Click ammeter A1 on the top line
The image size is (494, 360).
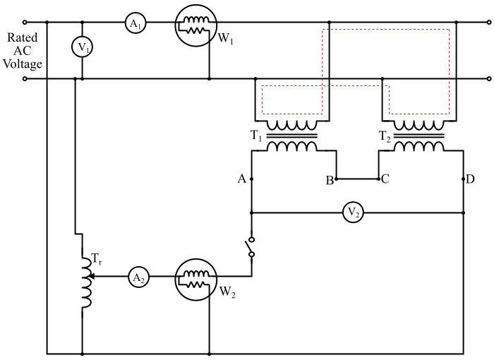pyautogui.click(x=134, y=23)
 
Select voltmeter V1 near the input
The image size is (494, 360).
pyautogui.click(x=83, y=47)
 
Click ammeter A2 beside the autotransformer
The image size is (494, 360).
pyautogui.click(x=138, y=278)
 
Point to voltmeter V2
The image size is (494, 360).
pyautogui.click(x=353, y=212)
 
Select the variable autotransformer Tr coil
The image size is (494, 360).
pyautogui.click(x=87, y=282)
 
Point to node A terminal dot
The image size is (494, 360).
pyautogui.click(x=252, y=179)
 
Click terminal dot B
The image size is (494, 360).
pyautogui.click(x=337, y=179)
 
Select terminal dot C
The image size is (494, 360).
pyautogui.click(x=380, y=179)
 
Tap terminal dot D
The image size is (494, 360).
pyautogui.click(x=464, y=179)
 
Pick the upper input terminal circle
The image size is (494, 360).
pyautogui.click(x=25, y=22)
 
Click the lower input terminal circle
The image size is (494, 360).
pyautogui.click(x=25, y=79)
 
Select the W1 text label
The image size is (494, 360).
pyautogui.click(x=226, y=40)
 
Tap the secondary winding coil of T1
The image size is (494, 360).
pyautogui.click(x=291, y=147)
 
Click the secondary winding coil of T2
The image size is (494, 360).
pyautogui.click(x=419, y=147)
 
